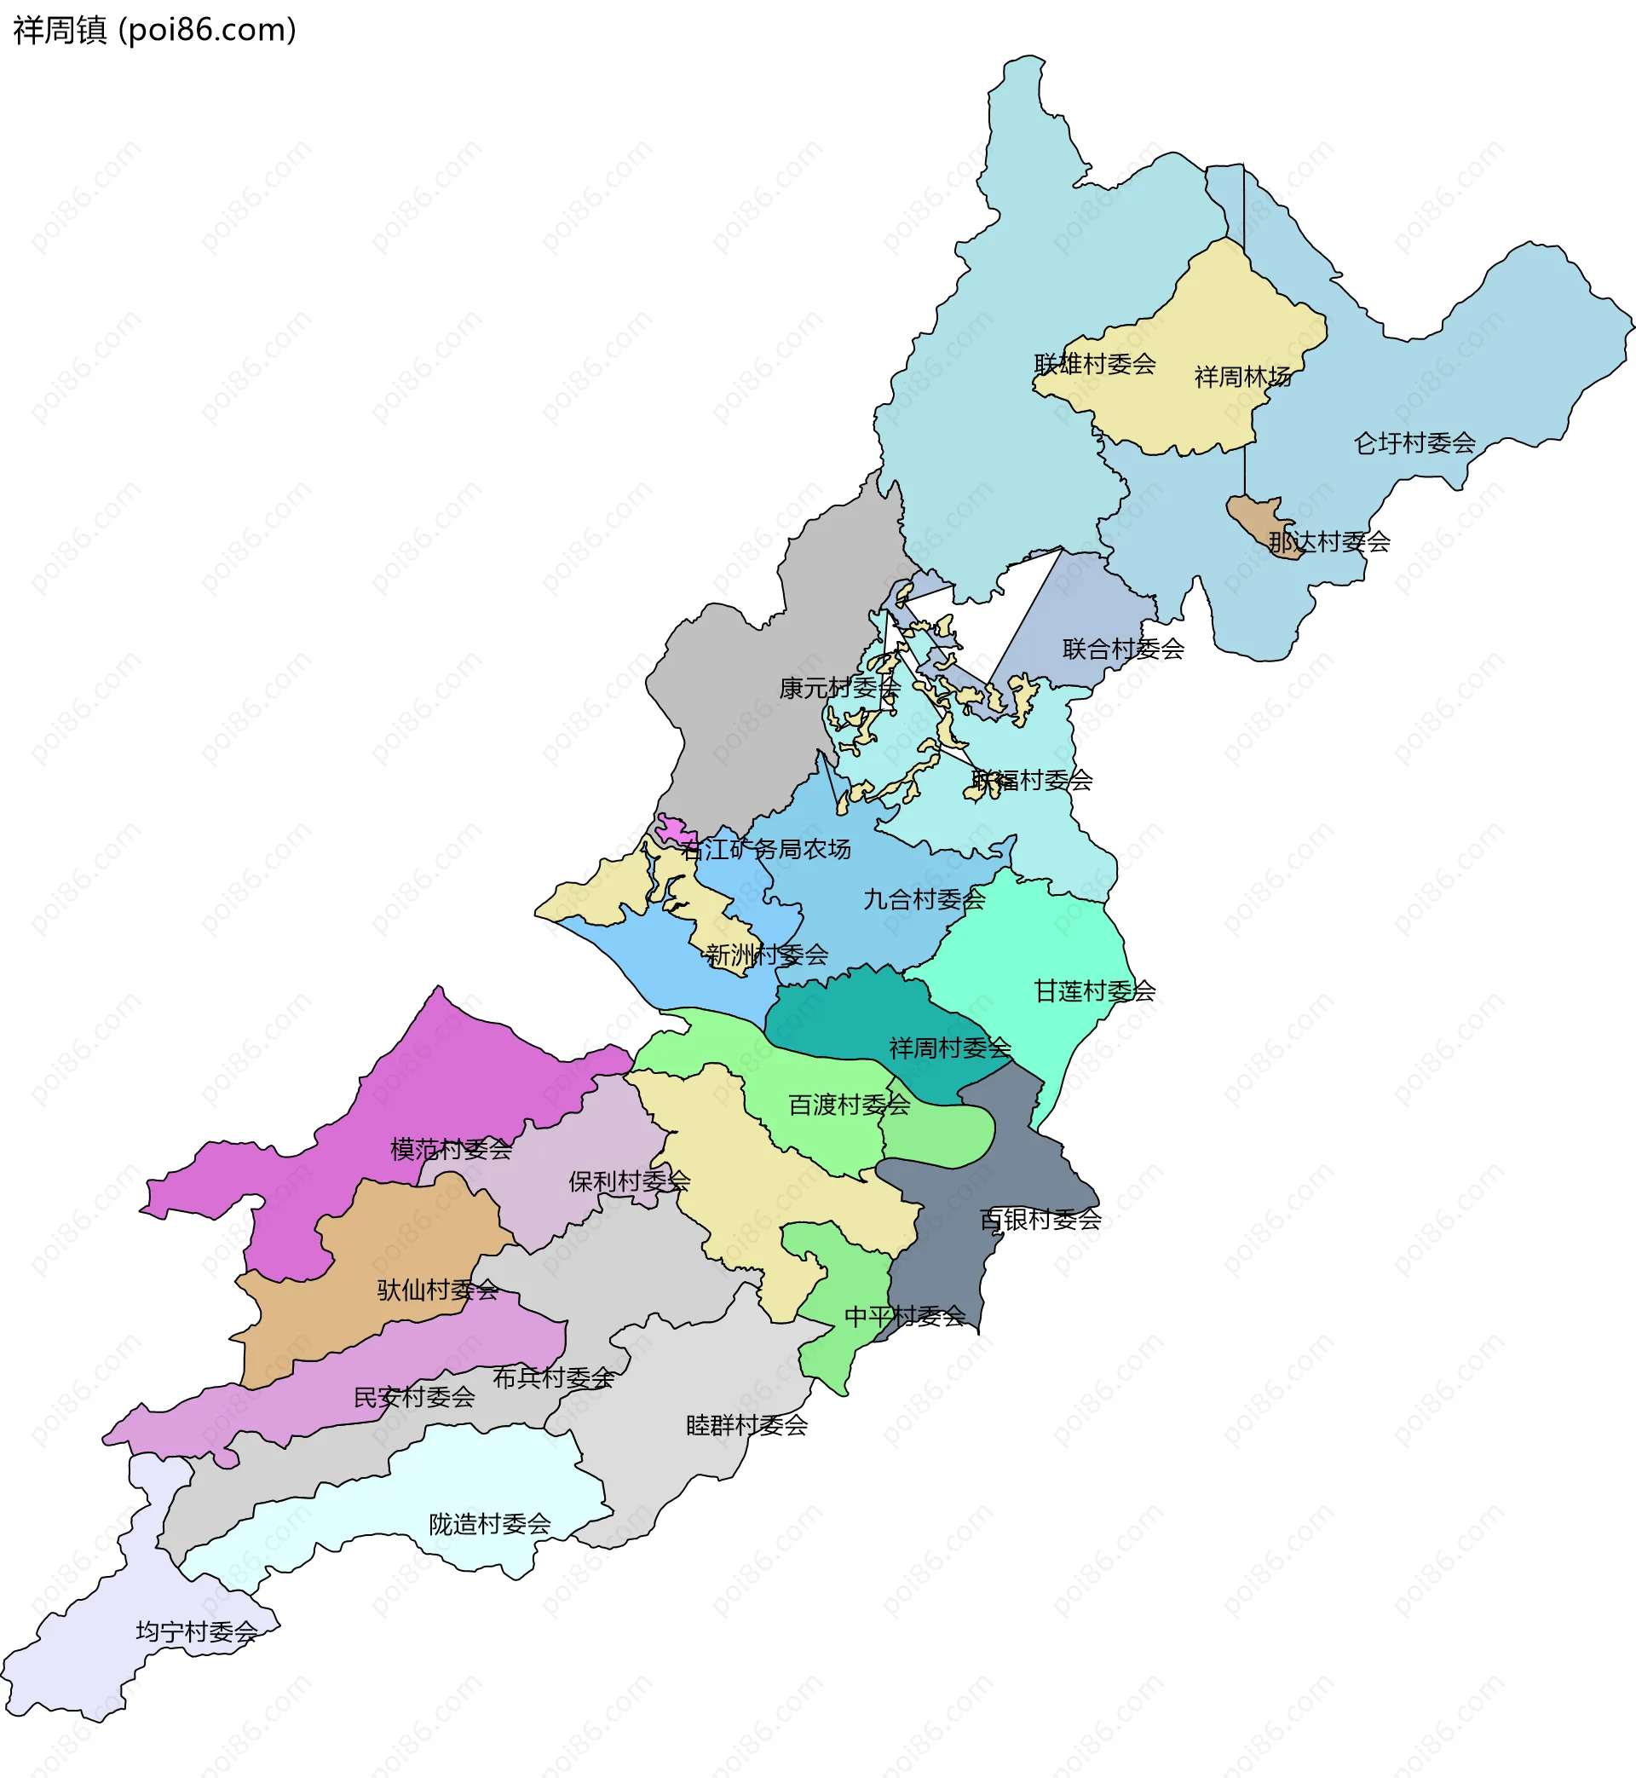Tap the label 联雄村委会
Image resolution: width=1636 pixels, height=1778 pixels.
click(x=1094, y=364)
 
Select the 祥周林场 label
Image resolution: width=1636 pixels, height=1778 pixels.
click(x=1242, y=378)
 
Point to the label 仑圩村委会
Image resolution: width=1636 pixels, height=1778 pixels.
click(x=1414, y=442)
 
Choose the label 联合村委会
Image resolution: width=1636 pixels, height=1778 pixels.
click(x=1122, y=649)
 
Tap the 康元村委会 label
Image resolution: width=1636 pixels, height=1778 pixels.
click(x=839, y=688)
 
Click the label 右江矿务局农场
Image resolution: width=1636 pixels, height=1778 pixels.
click(x=766, y=849)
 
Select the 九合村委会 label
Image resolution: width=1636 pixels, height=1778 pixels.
click(x=924, y=899)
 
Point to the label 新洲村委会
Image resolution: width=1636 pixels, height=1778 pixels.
click(x=767, y=955)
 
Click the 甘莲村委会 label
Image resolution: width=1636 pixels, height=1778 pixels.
click(x=1094, y=990)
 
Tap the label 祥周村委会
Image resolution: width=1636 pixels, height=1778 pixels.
click(x=949, y=1048)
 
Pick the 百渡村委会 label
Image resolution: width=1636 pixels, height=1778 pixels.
click(x=849, y=1105)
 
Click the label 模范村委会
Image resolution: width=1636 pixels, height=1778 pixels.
click(x=451, y=1149)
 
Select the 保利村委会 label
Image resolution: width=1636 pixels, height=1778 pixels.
click(x=629, y=1181)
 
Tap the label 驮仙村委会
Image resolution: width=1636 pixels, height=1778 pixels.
click(x=437, y=1290)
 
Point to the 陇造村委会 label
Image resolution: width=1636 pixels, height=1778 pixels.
click(x=490, y=1524)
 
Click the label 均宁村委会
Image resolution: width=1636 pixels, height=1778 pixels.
click(x=197, y=1632)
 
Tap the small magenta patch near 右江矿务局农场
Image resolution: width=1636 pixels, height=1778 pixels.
click(x=676, y=829)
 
